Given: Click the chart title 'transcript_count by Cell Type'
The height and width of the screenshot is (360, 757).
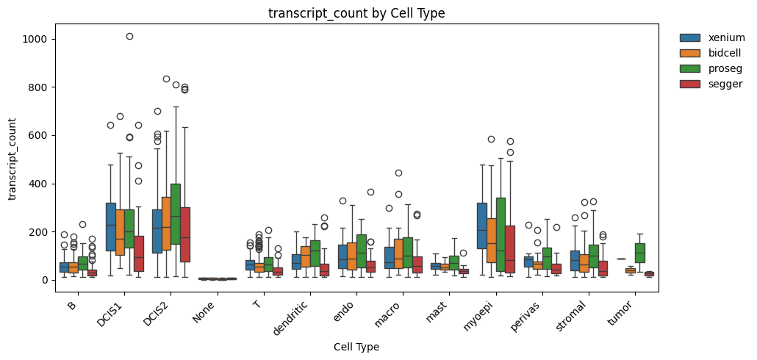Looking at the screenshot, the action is point(356,13).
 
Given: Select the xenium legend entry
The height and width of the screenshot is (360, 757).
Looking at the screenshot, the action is point(711,37).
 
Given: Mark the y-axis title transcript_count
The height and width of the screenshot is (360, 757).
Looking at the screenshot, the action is point(12,159).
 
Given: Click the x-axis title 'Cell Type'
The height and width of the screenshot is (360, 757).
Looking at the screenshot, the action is point(356,347).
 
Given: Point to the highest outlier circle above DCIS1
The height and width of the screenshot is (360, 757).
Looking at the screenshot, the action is point(129,36).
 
